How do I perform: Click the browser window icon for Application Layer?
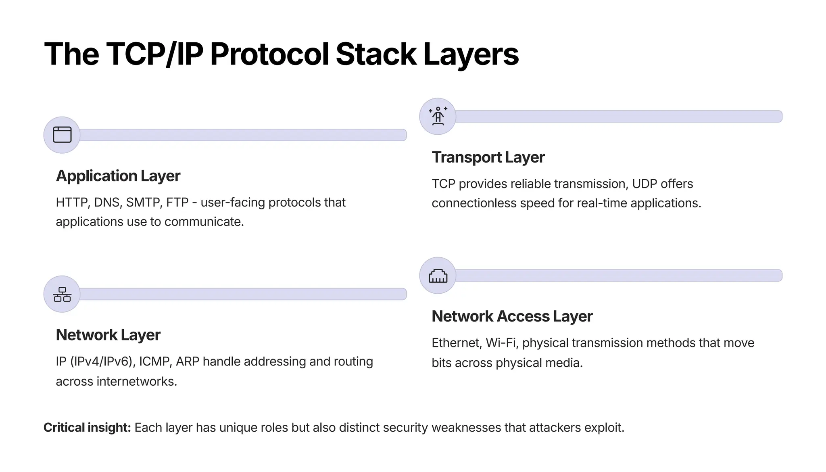click(62, 135)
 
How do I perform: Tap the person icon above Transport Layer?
click(438, 116)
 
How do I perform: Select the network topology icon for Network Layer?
click(62, 294)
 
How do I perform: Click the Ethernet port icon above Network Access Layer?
click(438, 276)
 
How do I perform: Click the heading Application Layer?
click(118, 176)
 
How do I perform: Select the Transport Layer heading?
click(488, 157)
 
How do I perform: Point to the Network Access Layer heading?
click(512, 316)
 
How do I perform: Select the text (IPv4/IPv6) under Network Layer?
click(101, 361)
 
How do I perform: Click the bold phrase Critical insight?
click(87, 428)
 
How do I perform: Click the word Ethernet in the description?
click(456, 343)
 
